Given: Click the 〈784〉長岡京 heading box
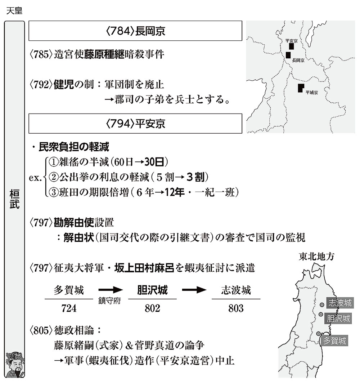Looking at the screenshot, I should pos(135,31).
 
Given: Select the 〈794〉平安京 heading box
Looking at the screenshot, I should pos(135,124).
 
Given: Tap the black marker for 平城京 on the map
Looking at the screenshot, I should pos(301,88).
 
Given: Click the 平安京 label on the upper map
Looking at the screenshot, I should pos(291,41).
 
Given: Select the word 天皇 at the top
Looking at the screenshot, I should pos(14,10).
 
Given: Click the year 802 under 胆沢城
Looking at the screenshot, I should pos(152,308).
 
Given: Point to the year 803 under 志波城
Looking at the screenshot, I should pos(236,308).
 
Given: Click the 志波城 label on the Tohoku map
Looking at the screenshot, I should pos(339,303).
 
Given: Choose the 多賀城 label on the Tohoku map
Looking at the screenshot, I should pos(334,340).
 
